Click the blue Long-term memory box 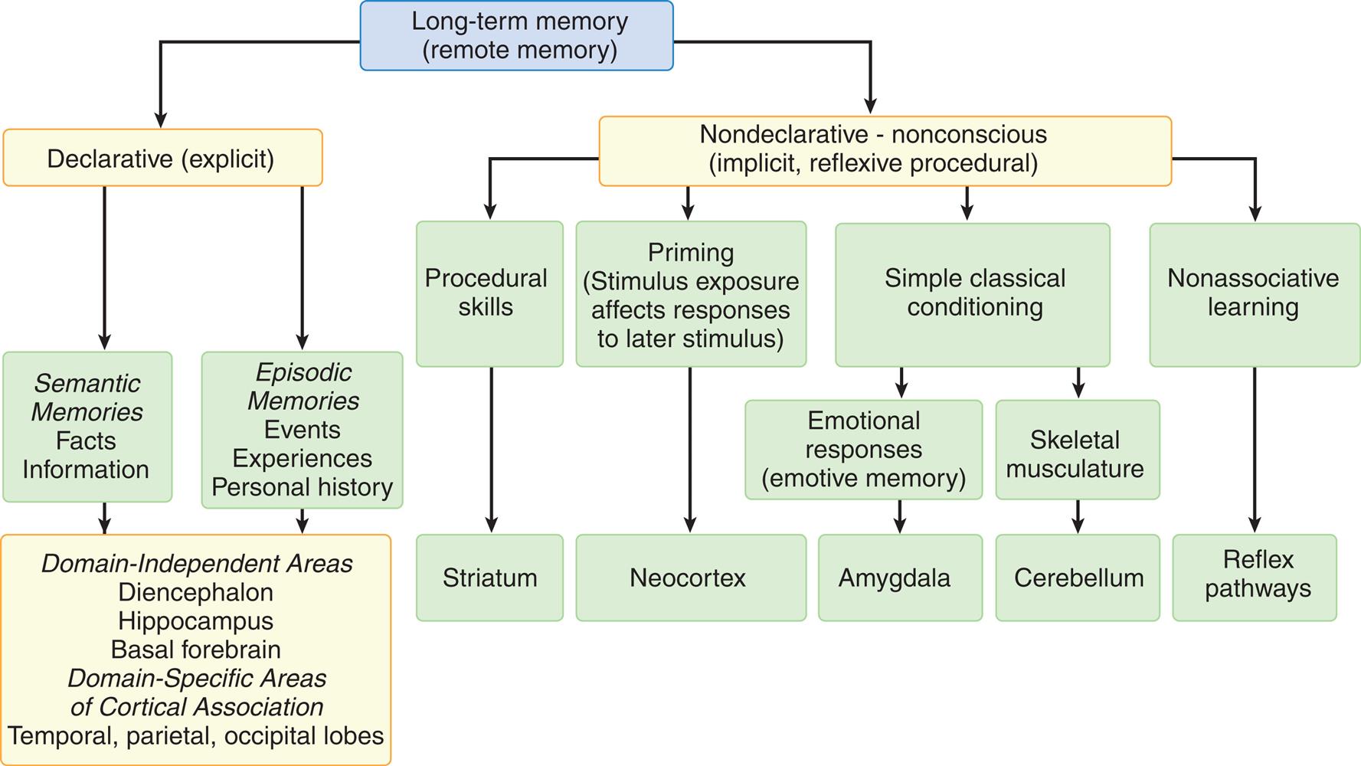point(516,36)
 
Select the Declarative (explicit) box point(162,159)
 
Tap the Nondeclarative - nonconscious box point(885,150)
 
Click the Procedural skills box point(489,293)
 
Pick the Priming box point(690,295)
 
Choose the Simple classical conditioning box point(973,293)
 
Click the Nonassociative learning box point(1253,293)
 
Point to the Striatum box point(489,578)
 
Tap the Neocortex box point(690,578)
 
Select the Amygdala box point(899,578)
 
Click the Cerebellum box point(1078,578)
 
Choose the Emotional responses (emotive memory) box point(863,450)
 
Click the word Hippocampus point(196,621)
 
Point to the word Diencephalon point(196,593)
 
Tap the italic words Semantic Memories point(87,398)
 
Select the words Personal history point(303,487)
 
